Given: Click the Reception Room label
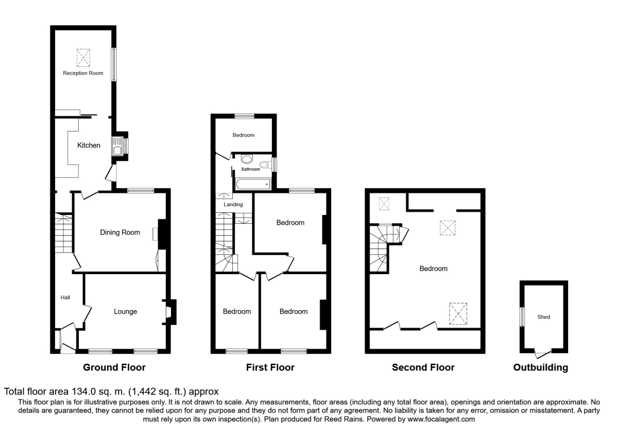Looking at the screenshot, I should tap(83, 73).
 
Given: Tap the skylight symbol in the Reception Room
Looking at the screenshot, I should tap(83, 58).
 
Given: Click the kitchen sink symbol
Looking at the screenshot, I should tap(117, 146).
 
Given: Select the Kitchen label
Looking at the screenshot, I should tap(89, 146).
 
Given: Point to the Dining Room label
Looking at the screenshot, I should tap(120, 232).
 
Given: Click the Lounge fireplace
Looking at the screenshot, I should tap(169, 312).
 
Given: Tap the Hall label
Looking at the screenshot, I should tap(65, 297).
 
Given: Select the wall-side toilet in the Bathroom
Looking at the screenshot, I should tap(265, 165).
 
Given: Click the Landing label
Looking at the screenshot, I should tap(233, 205).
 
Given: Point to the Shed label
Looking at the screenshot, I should tap(544, 317).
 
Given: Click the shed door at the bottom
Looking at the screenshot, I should tap(542, 354).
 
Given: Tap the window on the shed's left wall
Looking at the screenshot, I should tap(521, 316).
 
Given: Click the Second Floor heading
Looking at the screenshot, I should tap(423, 367).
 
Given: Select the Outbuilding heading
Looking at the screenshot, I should tap(540, 367).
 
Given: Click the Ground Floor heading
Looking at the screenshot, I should tap(114, 367).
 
